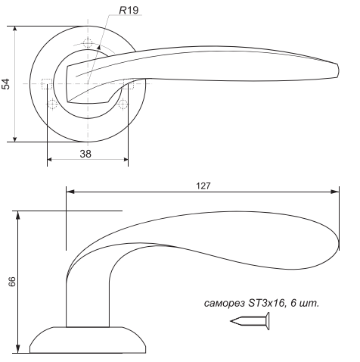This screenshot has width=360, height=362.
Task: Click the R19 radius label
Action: pyautogui.click(x=129, y=11)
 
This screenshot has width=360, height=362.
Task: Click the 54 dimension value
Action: pyautogui.click(x=5, y=84)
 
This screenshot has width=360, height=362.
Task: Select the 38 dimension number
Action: pyautogui.click(x=85, y=154)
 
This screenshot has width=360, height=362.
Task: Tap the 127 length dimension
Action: pyautogui.click(x=203, y=186)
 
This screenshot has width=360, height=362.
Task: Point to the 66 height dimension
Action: pyautogui.click(x=12, y=282)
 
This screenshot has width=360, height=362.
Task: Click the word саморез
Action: pyautogui.click(x=225, y=303)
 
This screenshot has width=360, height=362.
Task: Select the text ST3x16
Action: pyautogui.click(x=267, y=302)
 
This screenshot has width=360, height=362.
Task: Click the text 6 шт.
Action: pyautogui.click(x=305, y=303)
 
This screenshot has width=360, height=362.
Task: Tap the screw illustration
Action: pyautogui.click(x=250, y=321)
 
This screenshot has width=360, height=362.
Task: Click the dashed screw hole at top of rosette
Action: pyautogui.click(x=88, y=43)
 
